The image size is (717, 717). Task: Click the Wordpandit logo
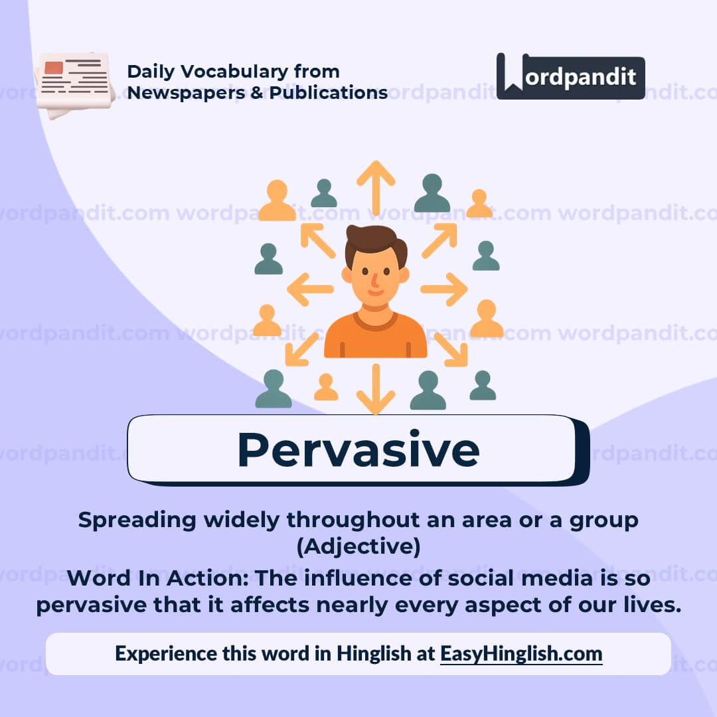tap(571, 76)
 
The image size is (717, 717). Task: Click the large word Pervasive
tap(358, 449)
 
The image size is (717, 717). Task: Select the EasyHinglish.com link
tap(521, 653)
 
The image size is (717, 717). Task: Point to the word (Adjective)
tap(358, 547)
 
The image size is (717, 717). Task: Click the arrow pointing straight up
tap(376, 186)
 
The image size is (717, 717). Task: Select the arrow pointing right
tap(443, 289)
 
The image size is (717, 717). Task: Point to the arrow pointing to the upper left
tap(318, 240)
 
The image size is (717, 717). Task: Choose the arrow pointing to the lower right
tap(451, 349)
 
